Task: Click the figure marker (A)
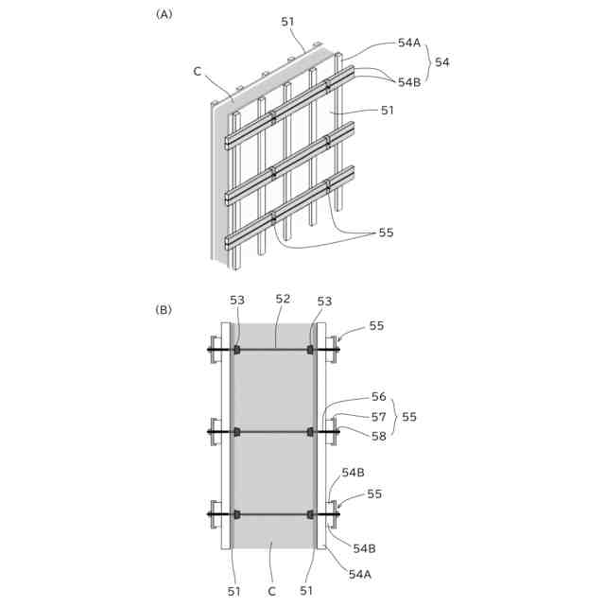pos(164,14)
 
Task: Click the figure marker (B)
pos(164,309)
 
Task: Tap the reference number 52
pos(283,300)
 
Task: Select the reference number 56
pos(377,397)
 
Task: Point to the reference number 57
pos(377,416)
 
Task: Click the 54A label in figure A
pos(409,43)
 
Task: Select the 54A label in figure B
pos(360,574)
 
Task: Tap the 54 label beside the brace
pos(441,62)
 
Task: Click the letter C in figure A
pos(197,71)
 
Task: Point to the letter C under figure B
pos(271,592)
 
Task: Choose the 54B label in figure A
pos(409,82)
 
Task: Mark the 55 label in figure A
pos(386,233)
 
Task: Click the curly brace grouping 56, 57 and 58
pos(393,416)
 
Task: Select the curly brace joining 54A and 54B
pos(427,62)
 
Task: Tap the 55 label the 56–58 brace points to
pos(408,416)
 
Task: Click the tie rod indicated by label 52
pos(274,350)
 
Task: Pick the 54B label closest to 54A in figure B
pos(364,548)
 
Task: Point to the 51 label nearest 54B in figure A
pos(387,111)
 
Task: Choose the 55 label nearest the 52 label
pos(376,325)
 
